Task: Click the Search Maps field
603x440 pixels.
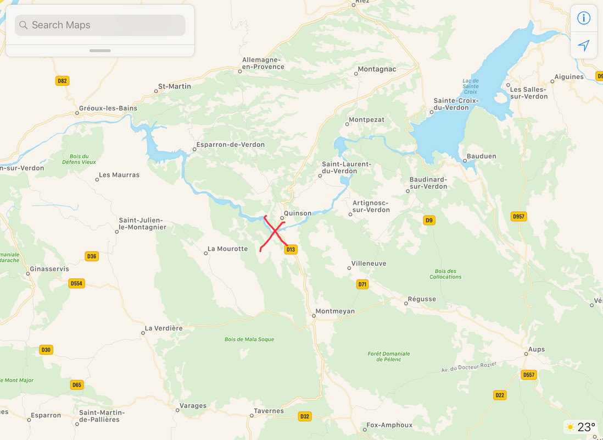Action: (100, 25)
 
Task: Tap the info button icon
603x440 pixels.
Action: (583, 18)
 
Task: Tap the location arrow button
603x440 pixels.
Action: (583, 45)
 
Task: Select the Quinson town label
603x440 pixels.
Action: (297, 213)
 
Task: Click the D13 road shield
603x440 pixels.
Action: (291, 250)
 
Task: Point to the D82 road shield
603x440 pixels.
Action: (62, 81)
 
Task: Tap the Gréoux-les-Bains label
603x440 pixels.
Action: (108, 108)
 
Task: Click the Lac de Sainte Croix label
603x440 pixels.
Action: (471, 86)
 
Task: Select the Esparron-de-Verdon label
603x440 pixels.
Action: (230, 145)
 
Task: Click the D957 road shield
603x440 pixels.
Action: (518, 217)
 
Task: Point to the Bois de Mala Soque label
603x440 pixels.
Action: (249, 339)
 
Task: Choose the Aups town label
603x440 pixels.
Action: (536, 349)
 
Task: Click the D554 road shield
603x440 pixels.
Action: (76, 283)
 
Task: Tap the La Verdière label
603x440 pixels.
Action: (163, 328)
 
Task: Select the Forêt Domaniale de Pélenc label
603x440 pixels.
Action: (389, 356)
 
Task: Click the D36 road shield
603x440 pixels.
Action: (92, 256)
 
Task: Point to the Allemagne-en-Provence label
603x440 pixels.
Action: (263, 63)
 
